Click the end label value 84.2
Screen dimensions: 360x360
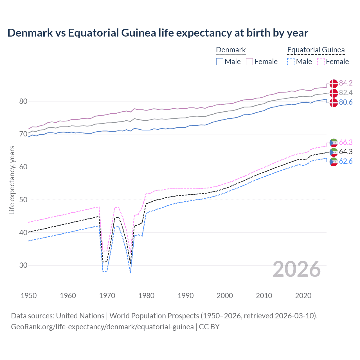click(346, 83)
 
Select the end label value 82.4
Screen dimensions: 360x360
click(346, 93)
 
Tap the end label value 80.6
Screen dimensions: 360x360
click(346, 102)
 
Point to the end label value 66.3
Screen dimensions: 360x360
click(346, 142)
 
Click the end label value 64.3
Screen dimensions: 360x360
click(346, 152)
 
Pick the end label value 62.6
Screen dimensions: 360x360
click(346, 161)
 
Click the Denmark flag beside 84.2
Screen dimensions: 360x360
click(334, 84)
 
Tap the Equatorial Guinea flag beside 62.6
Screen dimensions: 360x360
click(334, 162)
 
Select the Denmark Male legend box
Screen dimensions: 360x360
click(220, 62)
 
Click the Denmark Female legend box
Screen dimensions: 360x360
click(249, 62)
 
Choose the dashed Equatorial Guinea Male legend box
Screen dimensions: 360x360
click(291, 62)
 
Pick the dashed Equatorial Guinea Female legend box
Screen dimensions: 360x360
click(321, 62)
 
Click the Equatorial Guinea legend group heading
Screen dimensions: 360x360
click(316, 50)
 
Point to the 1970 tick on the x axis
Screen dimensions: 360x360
click(107, 296)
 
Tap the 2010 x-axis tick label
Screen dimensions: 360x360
click(264, 296)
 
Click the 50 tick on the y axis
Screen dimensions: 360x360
click(23, 200)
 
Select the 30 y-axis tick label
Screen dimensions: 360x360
click(23, 265)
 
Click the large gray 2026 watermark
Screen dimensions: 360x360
click(297, 269)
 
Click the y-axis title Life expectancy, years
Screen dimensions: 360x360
click(12, 180)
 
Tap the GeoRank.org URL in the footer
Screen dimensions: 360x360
click(102, 327)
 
